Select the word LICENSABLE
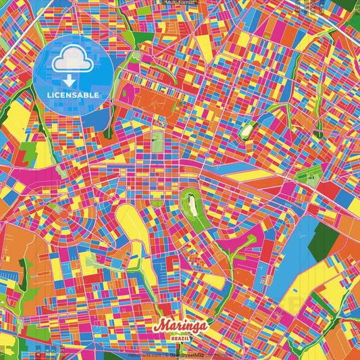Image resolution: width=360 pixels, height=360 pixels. tap(73, 95)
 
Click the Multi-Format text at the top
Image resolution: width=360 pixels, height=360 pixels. tap(180, 3)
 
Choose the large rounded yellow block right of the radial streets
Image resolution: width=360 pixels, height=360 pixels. tap(132, 223)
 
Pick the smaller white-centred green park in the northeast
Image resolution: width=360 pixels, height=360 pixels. tap(245, 130)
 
